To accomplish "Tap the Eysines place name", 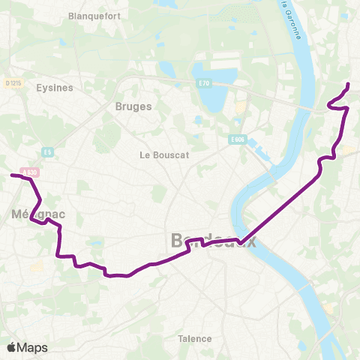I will click(x=54, y=87).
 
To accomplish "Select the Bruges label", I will click(x=133, y=106).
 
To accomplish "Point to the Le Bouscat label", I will click(x=164, y=154).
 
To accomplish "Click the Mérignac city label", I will click(x=39, y=214).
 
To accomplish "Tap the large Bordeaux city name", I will click(x=214, y=241).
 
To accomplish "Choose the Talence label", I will click(x=195, y=338).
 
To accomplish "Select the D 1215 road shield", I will click(x=12, y=83).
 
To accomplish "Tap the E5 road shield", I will click(x=48, y=151).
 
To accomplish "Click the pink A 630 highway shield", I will click(x=30, y=172).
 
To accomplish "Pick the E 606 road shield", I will click(x=238, y=139).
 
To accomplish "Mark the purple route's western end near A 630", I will click(x=11, y=175).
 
